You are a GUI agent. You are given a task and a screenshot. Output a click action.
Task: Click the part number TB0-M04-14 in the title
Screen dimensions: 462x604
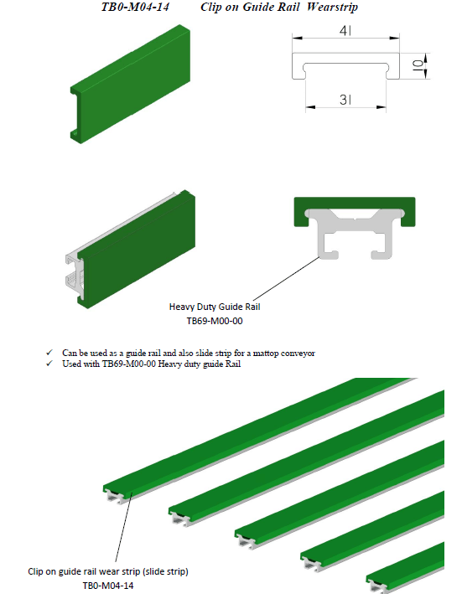(135, 7)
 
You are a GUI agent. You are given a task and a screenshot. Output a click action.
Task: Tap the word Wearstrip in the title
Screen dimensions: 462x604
(332, 8)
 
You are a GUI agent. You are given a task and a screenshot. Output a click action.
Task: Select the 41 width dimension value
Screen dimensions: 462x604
(345, 30)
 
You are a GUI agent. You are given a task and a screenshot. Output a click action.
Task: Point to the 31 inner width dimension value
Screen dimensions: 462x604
(345, 100)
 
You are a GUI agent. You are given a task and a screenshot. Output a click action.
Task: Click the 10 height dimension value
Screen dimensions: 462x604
(418, 65)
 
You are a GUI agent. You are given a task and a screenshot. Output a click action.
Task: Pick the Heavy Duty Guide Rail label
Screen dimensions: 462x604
(215, 307)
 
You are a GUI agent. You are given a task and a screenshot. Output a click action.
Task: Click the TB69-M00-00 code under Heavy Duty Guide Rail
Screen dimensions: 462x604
(215, 321)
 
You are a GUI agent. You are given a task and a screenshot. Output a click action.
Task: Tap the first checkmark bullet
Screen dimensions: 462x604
(49, 353)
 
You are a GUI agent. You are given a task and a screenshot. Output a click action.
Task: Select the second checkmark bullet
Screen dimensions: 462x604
(49, 364)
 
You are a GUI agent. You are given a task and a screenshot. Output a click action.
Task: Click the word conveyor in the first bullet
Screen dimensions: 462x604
(298, 354)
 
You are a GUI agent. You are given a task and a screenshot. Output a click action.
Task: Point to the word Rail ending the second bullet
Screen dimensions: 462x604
(233, 364)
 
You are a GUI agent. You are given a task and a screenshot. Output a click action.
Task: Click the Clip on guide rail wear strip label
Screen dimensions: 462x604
(108, 571)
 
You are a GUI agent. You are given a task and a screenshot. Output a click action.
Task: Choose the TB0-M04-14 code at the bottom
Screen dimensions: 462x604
(108, 586)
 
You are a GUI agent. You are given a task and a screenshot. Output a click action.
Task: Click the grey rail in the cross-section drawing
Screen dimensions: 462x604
(355, 231)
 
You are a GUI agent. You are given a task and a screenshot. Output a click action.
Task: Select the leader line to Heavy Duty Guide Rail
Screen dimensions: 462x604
(286, 278)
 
